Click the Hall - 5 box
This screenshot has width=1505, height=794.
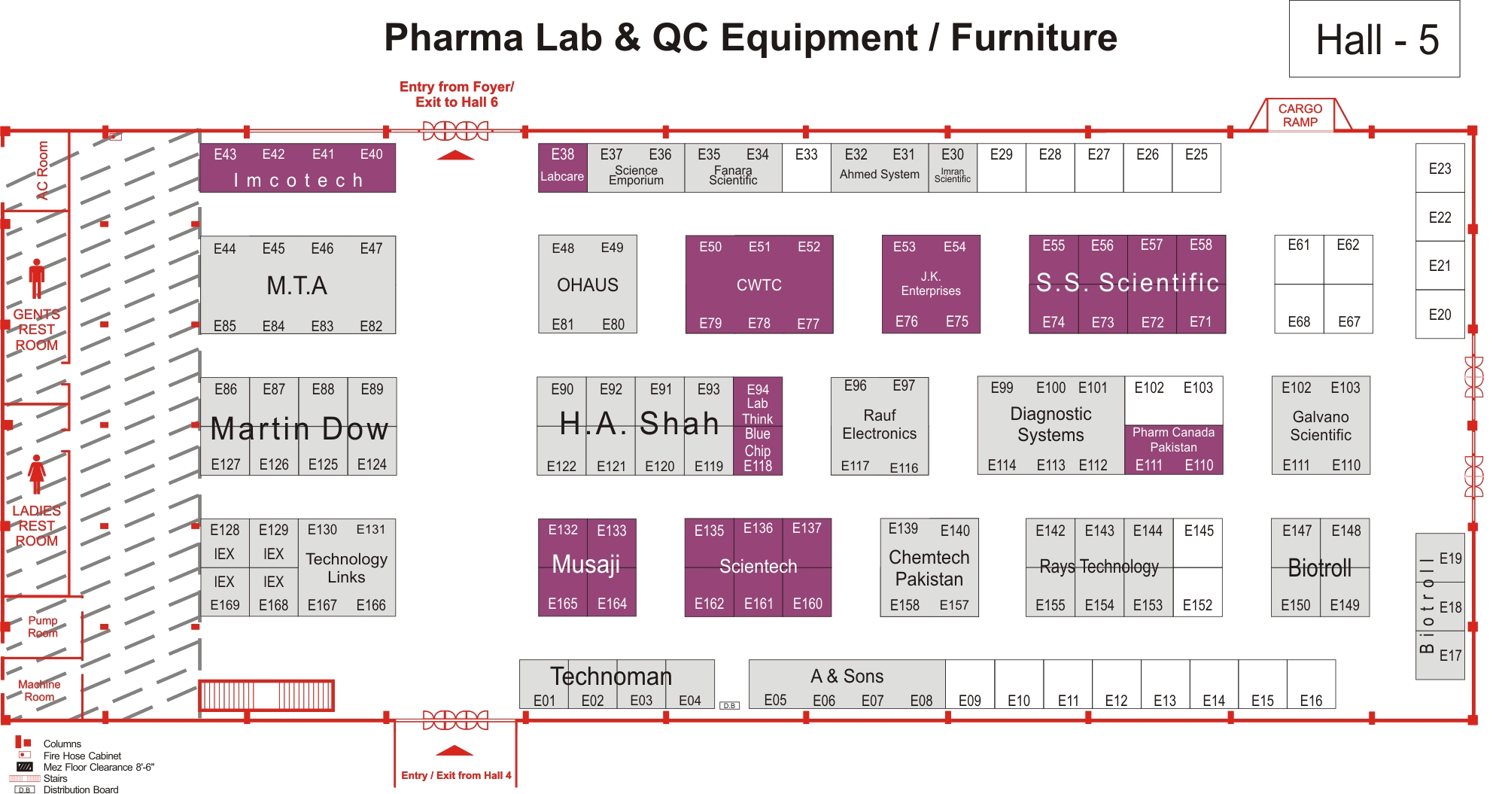point(1374,39)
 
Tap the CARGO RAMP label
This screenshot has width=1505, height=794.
point(1300,115)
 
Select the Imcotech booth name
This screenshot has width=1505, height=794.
point(298,181)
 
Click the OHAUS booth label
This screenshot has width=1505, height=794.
point(588,285)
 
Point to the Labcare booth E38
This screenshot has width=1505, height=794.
point(562,168)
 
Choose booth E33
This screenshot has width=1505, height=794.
point(806,168)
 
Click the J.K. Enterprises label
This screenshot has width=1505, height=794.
point(931,284)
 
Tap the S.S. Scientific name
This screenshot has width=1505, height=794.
point(1127,283)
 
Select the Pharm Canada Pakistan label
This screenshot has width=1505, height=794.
point(1173,440)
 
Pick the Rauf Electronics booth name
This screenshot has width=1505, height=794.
point(880,424)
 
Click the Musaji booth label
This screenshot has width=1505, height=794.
point(586,564)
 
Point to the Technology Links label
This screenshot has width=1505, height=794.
point(346,568)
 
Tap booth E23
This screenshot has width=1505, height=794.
point(1440,169)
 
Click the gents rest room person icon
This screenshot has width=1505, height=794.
point(37,278)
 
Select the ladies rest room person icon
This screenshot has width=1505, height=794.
point(37,474)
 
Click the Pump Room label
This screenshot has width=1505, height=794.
point(43,626)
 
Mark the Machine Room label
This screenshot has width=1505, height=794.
point(39,690)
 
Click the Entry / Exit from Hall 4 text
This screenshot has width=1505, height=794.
point(456,775)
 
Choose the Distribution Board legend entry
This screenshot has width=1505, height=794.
point(81,789)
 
